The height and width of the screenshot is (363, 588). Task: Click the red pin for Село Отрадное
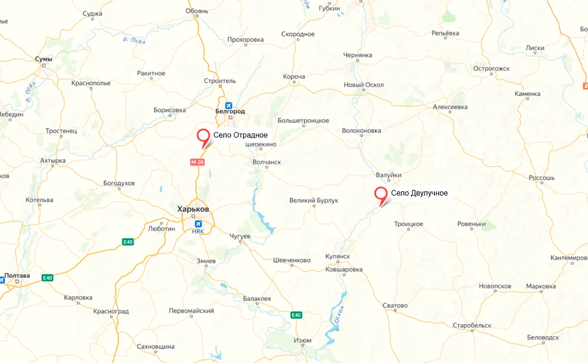pyautogui.click(x=203, y=135)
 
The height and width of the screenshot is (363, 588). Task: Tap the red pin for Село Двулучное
pyautogui.click(x=381, y=194)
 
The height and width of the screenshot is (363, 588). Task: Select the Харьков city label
pyautogui.click(x=193, y=209)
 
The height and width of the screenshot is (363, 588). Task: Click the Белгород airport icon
pyautogui.click(x=229, y=105)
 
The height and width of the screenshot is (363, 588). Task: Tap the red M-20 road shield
pyautogui.click(x=197, y=162)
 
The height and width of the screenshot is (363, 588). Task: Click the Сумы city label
pyautogui.click(x=43, y=59)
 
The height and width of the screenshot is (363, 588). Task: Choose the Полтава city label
pyautogui.click(x=17, y=275)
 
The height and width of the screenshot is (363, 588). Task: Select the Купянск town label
pyautogui.click(x=339, y=256)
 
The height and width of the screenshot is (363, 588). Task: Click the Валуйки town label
pyautogui.click(x=389, y=175)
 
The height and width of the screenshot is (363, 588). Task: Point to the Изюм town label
pyautogui.click(x=302, y=341)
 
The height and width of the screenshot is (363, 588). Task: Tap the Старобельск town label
pyautogui.click(x=471, y=325)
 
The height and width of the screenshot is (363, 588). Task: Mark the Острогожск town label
pyautogui.click(x=491, y=68)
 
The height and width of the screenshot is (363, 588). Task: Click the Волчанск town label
pyautogui.click(x=267, y=162)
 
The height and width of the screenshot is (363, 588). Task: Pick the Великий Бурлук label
pyautogui.click(x=314, y=200)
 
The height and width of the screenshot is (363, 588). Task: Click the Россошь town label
pyautogui.click(x=541, y=178)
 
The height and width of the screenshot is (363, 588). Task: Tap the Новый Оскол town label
pyautogui.click(x=364, y=85)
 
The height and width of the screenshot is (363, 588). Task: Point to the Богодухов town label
pyautogui.click(x=119, y=183)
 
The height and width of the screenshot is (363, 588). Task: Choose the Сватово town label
pyautogui.click(x=395, y=305)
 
